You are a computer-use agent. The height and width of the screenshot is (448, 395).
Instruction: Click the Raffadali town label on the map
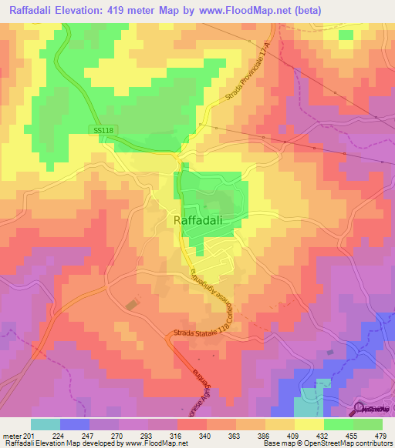click(x=198, y=220)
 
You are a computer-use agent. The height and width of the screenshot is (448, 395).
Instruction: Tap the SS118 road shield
click(x=103, y=131)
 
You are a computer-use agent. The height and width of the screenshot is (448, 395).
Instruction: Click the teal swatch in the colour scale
click(x=46, y=424)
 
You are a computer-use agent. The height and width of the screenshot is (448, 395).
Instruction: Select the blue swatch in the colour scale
click(x=75, y=424)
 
